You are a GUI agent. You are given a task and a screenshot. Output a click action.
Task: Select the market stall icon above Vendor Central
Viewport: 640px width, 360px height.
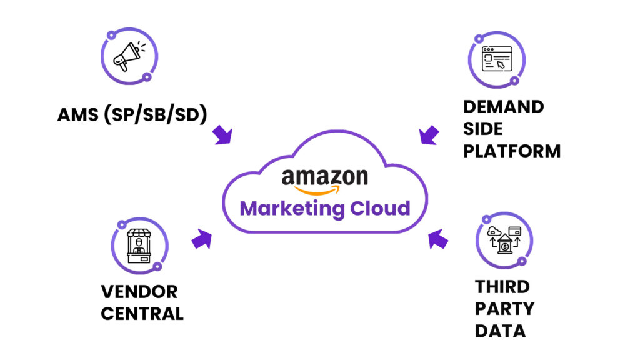point(139,246)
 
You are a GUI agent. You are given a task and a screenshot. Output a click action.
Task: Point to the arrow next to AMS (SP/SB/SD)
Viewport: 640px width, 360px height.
point(222,135)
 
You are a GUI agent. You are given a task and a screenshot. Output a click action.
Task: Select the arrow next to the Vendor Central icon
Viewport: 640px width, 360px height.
point(201,239)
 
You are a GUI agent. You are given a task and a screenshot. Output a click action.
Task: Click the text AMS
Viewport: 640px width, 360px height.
point(80,116)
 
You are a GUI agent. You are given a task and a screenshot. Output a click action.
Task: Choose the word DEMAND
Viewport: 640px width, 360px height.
point(503,106)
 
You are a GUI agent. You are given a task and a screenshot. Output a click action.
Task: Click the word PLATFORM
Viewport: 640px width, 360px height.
point(512,151)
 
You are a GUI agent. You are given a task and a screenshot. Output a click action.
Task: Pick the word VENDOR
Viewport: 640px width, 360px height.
point(139,291)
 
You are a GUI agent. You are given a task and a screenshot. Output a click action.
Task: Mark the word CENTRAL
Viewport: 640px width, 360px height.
point(142,313)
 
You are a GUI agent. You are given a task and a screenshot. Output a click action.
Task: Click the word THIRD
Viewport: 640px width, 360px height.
point(502,287)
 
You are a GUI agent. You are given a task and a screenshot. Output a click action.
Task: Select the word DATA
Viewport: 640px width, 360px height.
point(500,331)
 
